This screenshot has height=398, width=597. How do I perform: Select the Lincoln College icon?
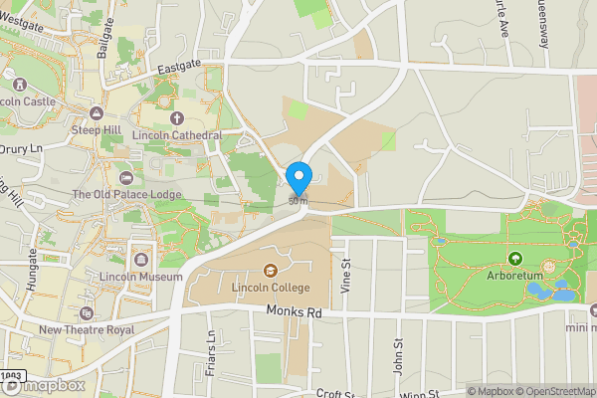[x=270, y=270]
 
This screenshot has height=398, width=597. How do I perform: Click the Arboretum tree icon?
[x=515, y=259]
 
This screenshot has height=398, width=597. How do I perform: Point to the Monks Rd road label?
[x=298, y=311]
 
